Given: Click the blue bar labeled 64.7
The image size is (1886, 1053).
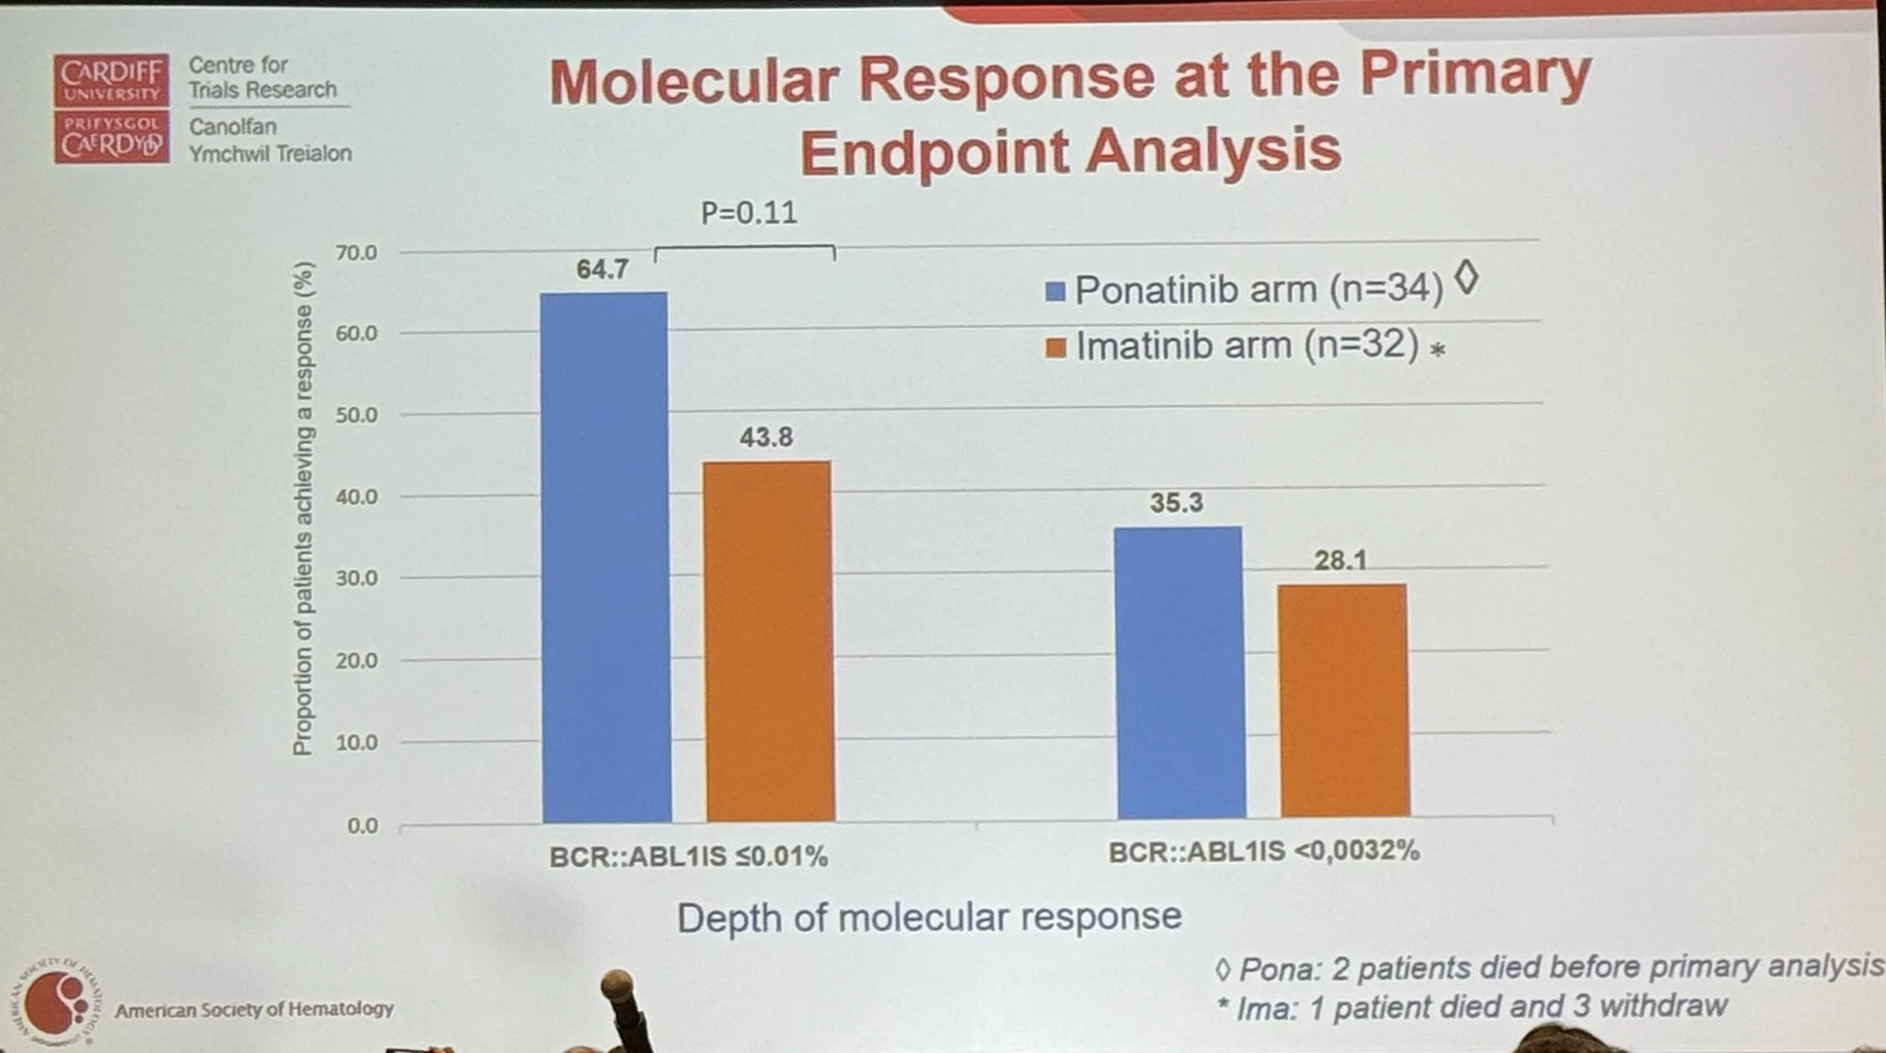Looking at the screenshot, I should point(605,557).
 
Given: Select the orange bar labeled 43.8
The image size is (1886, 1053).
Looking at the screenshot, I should point(769,641).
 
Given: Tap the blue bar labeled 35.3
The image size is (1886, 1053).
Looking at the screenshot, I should point(1180,672).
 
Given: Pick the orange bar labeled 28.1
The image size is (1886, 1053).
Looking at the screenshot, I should point(1344,700).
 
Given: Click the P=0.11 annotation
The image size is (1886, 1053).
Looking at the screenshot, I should point(749,214).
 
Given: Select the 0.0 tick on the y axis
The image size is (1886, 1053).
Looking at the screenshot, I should point(362,826).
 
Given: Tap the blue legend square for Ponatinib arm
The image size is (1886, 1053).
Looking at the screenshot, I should point(1055,292).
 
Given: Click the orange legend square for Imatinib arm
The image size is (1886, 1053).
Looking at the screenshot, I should point(1056,348).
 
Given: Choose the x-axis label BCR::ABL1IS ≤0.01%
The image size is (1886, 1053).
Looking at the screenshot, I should point(688,857).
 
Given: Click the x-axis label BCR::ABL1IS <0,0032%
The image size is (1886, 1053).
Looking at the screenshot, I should point(1263,850).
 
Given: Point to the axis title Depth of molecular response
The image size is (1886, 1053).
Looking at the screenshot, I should point(929,917).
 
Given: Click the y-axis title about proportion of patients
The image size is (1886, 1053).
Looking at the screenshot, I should point(302,508).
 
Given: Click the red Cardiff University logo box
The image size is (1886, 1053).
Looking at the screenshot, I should point(111,108).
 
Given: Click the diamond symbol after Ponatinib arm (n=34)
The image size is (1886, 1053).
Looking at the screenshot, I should point(1467,278).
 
